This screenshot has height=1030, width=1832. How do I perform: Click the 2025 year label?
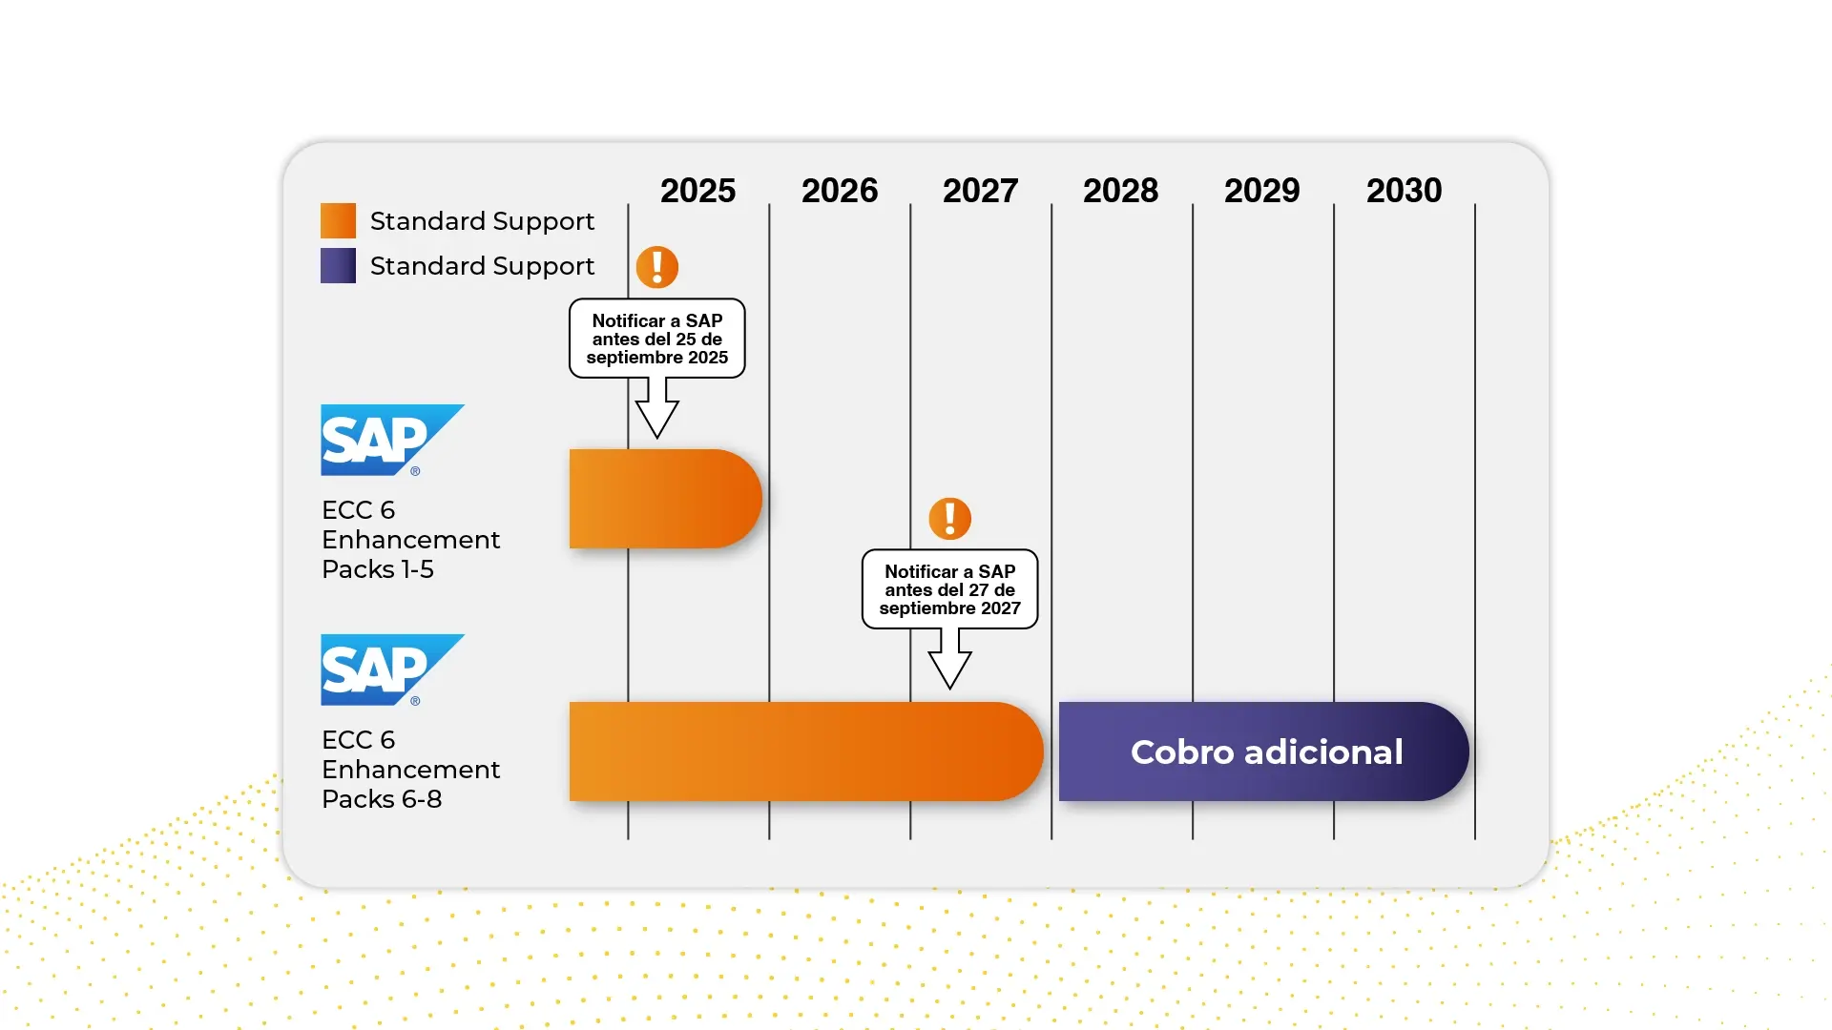pos(697,191)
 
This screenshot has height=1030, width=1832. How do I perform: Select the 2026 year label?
pos(839,191)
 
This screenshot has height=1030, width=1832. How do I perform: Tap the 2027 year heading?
pos(980,191)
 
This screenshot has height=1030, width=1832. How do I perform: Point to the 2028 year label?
pos(1120,191)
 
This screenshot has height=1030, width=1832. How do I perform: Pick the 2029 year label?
pos(1261,191)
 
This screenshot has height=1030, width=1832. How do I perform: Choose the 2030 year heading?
pos(1404,191)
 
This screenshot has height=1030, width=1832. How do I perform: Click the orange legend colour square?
pos(338,220)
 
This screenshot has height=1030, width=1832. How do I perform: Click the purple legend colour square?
pos(338,265)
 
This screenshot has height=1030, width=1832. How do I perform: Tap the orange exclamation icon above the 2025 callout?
pos(657,267)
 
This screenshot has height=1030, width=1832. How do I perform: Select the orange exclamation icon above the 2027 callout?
pos(949,519)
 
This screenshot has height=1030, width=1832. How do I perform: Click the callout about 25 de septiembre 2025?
pos(656,339)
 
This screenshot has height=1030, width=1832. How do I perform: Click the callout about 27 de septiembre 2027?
pos(949,589)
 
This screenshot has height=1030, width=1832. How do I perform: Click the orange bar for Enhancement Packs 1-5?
pos(664,499)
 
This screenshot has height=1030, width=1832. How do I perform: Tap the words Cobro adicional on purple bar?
pos(1266,752)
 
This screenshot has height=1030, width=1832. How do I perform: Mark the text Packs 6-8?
pos(382,799)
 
